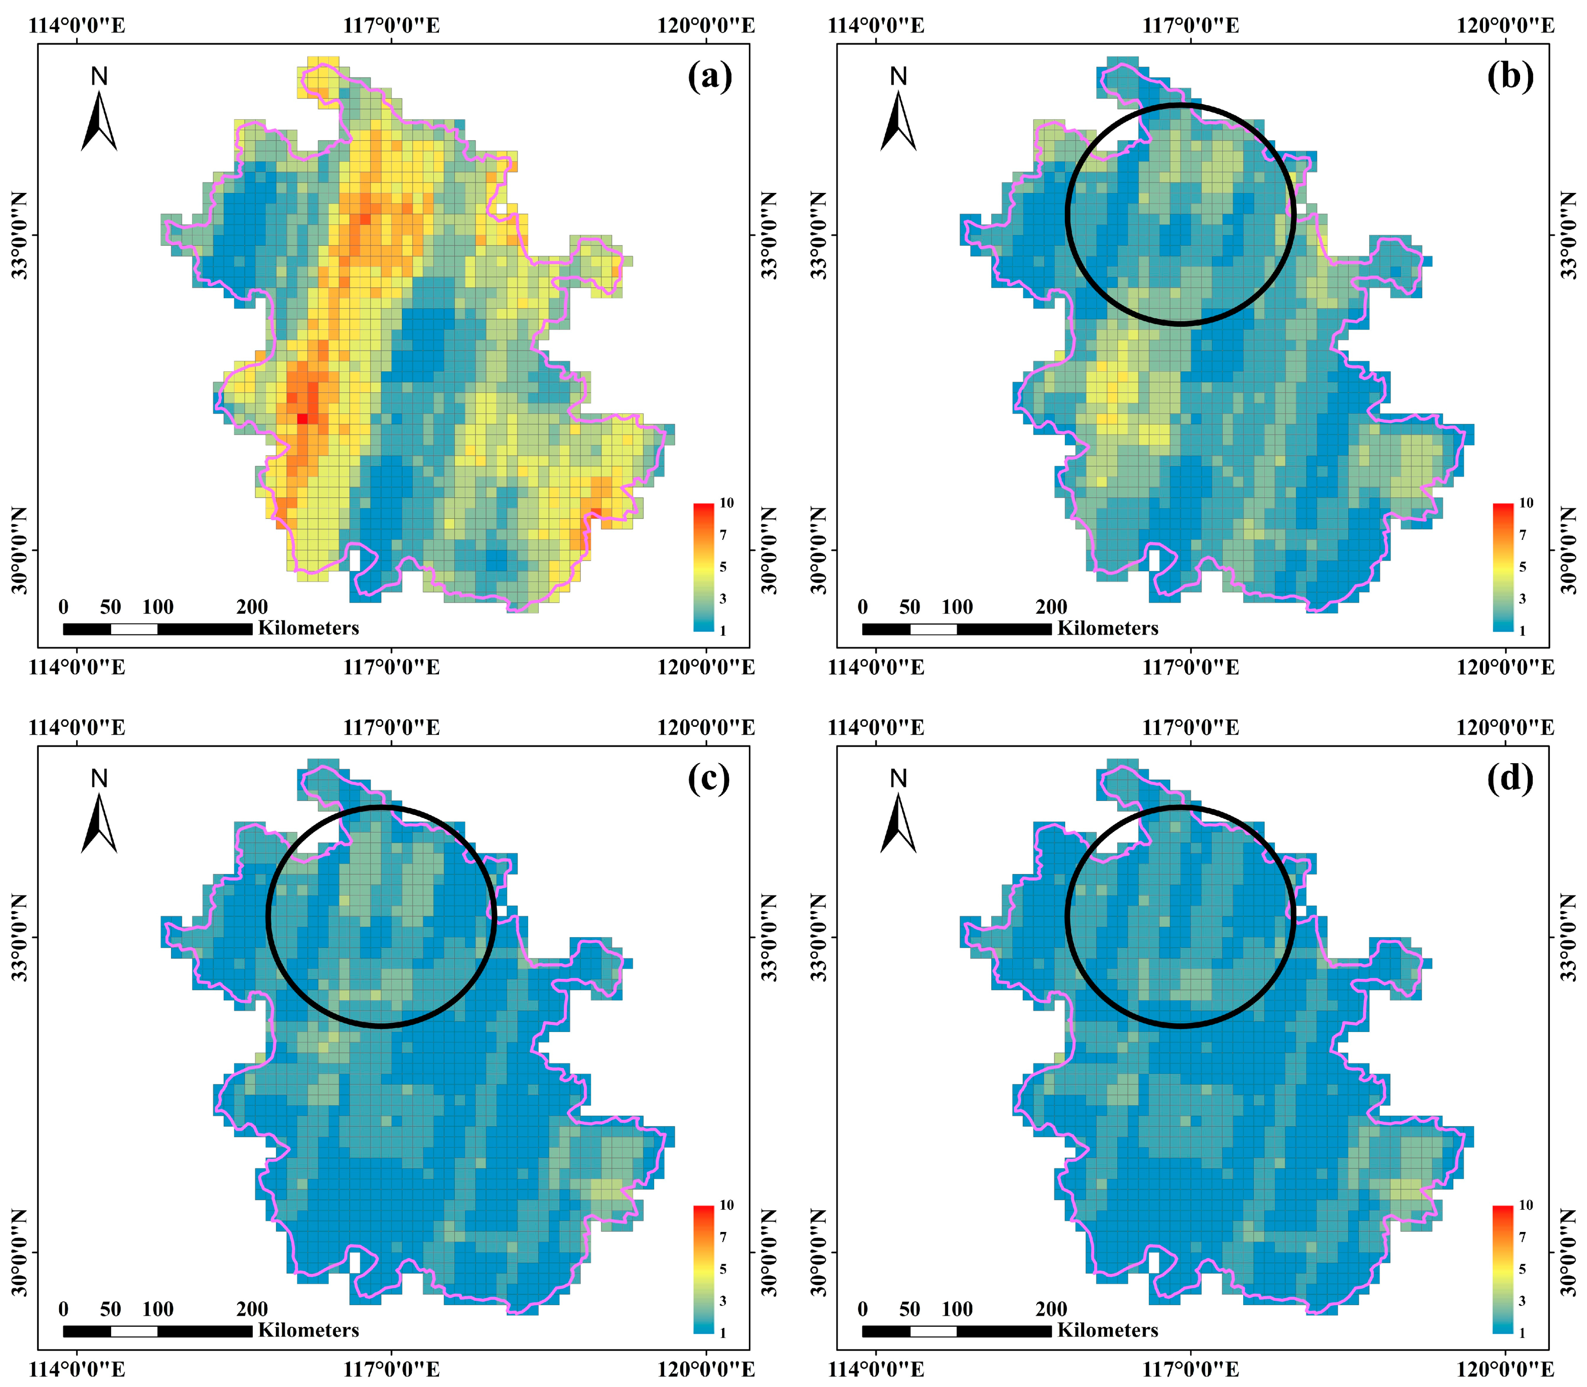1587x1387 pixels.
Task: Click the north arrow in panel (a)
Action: tap(99, 120)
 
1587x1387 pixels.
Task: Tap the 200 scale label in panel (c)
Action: tap(252, 1309)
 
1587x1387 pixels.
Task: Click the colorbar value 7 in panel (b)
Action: tap(1523, 535)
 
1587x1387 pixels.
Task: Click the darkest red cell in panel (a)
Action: tap(302, 419)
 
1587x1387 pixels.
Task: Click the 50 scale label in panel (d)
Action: tap(910, 1309)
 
